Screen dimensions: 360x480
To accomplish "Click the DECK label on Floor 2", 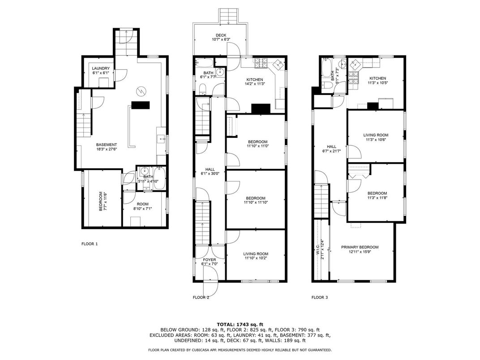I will (221, 35).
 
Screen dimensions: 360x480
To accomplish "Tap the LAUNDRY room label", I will (101, 69).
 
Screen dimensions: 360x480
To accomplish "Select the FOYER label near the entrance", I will (209, 260).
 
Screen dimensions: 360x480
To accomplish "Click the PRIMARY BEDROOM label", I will (360, 247).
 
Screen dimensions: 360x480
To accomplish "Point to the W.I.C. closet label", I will (317, 247).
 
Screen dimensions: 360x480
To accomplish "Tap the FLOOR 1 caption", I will (89, 244).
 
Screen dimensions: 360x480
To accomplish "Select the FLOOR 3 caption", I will (320, 297).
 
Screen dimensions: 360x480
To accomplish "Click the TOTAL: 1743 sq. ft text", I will (240, 324).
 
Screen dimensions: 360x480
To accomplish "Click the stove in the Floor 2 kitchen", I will (261, 64).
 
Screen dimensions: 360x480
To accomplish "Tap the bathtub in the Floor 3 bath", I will (326, 71).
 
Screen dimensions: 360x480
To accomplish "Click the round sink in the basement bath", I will (144, 171).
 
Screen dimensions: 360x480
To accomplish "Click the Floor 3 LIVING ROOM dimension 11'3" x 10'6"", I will (375, 140).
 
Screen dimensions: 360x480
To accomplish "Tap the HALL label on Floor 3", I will (331, 146).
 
